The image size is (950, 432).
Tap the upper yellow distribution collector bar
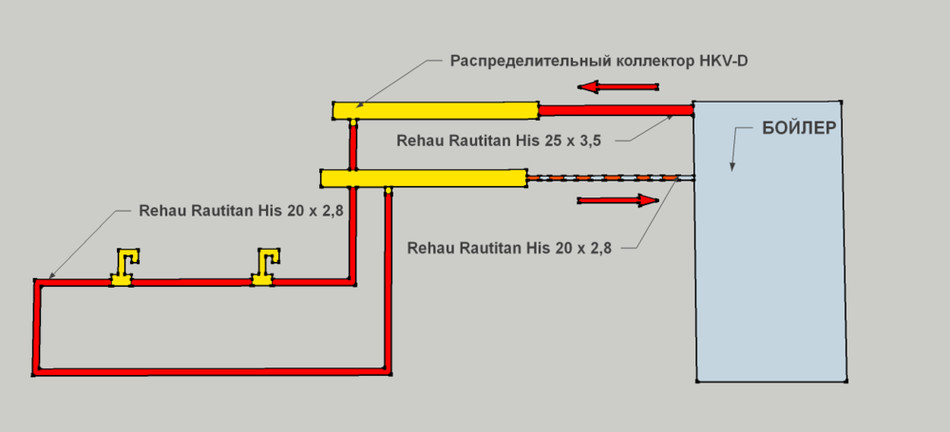click(435, 110)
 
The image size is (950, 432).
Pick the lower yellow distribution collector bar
click(424, 178)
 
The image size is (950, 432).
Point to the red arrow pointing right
click(617, 200)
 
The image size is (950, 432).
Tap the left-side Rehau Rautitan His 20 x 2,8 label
click(240, 211)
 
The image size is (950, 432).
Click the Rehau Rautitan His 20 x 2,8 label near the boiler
click(508, 248)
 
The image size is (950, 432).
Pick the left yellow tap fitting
click(123, 268)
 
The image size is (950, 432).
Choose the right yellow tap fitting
click(264, 268)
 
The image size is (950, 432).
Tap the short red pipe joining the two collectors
click(352, 144)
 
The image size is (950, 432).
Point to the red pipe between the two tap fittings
click(190, 281)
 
